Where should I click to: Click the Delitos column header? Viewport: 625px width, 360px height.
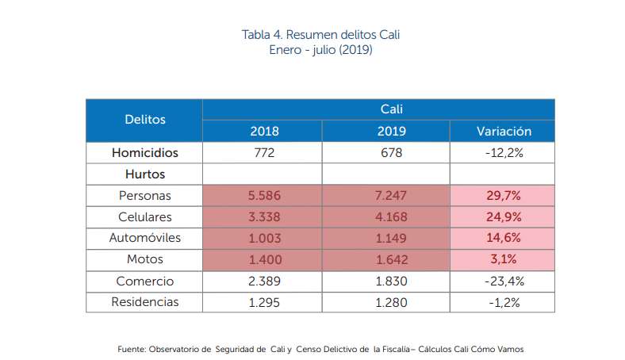[x=144, y=120]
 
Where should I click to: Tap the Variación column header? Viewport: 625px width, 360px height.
[x=504, y=131]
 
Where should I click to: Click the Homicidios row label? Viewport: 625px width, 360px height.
[x=144, y=152]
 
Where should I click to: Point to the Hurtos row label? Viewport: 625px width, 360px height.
[x=144, y=174]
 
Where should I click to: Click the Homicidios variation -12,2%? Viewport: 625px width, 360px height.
[x=504, y=152]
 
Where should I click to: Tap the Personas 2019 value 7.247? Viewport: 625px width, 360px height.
[x=386, y=195]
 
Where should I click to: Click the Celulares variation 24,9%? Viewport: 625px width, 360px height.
[x=504, y=216]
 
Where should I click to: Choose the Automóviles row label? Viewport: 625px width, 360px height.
[x=144, y=238]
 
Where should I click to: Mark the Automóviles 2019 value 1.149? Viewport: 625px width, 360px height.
[x=386, y=238]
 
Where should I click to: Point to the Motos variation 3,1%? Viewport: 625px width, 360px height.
[x=504, y=259]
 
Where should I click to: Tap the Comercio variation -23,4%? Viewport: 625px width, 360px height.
[x=504, y=281]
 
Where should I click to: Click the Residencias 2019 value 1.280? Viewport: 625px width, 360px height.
[x=386, y=302]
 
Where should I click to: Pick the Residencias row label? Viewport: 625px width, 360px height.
[x=144, y=302]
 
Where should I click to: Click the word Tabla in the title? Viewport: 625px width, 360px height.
[x=255, y=36]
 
